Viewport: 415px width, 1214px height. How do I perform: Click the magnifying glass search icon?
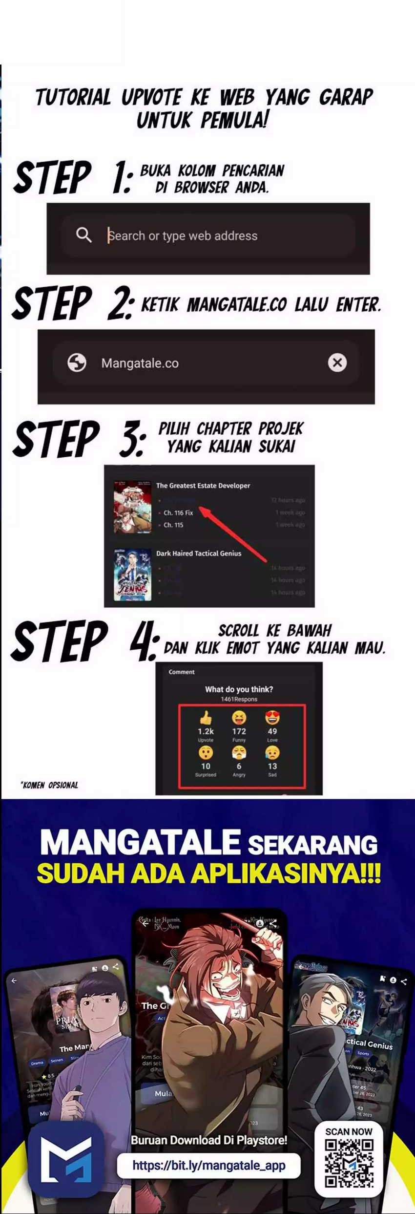(83, 235)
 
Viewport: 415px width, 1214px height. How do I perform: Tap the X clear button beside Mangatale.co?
(337, 362)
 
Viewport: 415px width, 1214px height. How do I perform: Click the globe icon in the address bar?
(77, 362)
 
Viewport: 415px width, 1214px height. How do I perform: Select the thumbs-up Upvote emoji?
(206, 718)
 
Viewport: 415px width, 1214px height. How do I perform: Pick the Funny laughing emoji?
(239, 718)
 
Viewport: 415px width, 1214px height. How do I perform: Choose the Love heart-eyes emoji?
(272, 718)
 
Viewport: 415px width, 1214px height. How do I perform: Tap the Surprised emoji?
(206, 753)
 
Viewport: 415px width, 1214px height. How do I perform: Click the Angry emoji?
(239, 753)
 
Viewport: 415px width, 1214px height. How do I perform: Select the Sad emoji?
(272, 753)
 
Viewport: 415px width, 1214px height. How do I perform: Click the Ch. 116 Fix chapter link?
(178, 513)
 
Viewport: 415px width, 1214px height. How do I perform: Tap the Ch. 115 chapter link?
(173, 525)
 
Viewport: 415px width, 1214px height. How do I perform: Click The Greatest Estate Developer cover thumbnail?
(132, 507)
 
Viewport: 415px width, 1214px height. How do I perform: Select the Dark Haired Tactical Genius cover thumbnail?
(132, 575)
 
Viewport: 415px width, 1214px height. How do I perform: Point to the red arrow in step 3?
(233, 534)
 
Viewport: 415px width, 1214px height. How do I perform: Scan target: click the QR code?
(349, 1163)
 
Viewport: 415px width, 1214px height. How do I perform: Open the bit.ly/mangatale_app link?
(208, 1166)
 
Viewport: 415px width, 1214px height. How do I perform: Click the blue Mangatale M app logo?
(66, 1159)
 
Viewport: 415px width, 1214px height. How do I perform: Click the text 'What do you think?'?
(239, 689)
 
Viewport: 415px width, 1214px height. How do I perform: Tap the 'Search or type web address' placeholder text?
(183, 236)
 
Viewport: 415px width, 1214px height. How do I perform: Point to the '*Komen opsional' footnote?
(49, 785)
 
